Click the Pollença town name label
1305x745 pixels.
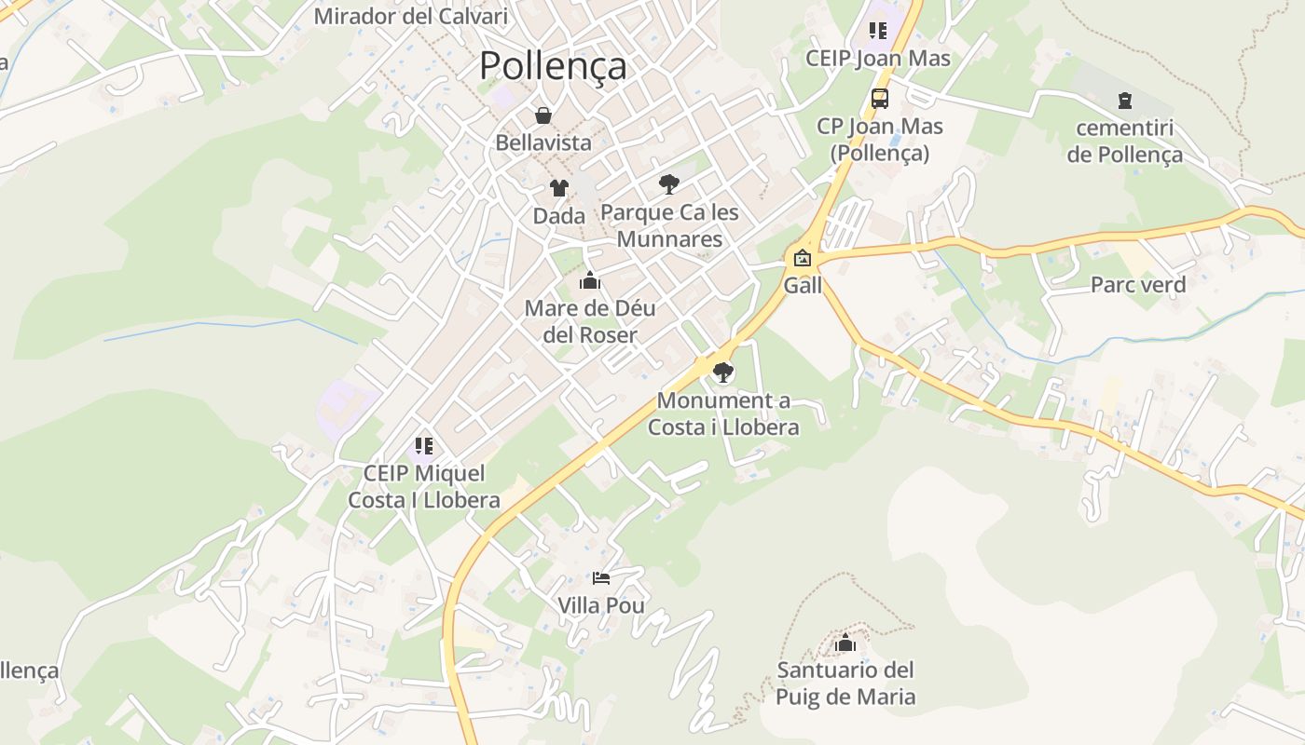[553, 66]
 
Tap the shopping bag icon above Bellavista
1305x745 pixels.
[543, 115]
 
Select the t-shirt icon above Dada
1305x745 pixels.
[558, 188]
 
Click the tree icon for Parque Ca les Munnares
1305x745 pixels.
[668, 183]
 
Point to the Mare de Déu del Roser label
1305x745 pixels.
[590, 321]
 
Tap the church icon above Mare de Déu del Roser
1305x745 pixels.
[589, 280]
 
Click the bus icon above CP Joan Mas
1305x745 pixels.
[879, 98]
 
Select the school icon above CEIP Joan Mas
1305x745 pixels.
[878, 31]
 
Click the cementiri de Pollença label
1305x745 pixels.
[1125, 142]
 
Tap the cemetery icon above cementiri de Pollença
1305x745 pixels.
[1125, 101]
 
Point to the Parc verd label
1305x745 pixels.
[1138, 285]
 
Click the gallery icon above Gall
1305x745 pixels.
[802, 258]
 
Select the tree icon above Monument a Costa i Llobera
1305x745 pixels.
[722, 373]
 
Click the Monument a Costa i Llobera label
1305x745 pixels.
[723, 414]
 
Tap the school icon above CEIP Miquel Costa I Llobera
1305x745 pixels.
[424, 446]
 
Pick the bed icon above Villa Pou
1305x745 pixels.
[601, 578]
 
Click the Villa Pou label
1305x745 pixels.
[601, 605]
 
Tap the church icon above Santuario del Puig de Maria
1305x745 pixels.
[845, 643]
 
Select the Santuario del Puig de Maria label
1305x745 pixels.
[846, 684]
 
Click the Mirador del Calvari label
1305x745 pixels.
[410, 16]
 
